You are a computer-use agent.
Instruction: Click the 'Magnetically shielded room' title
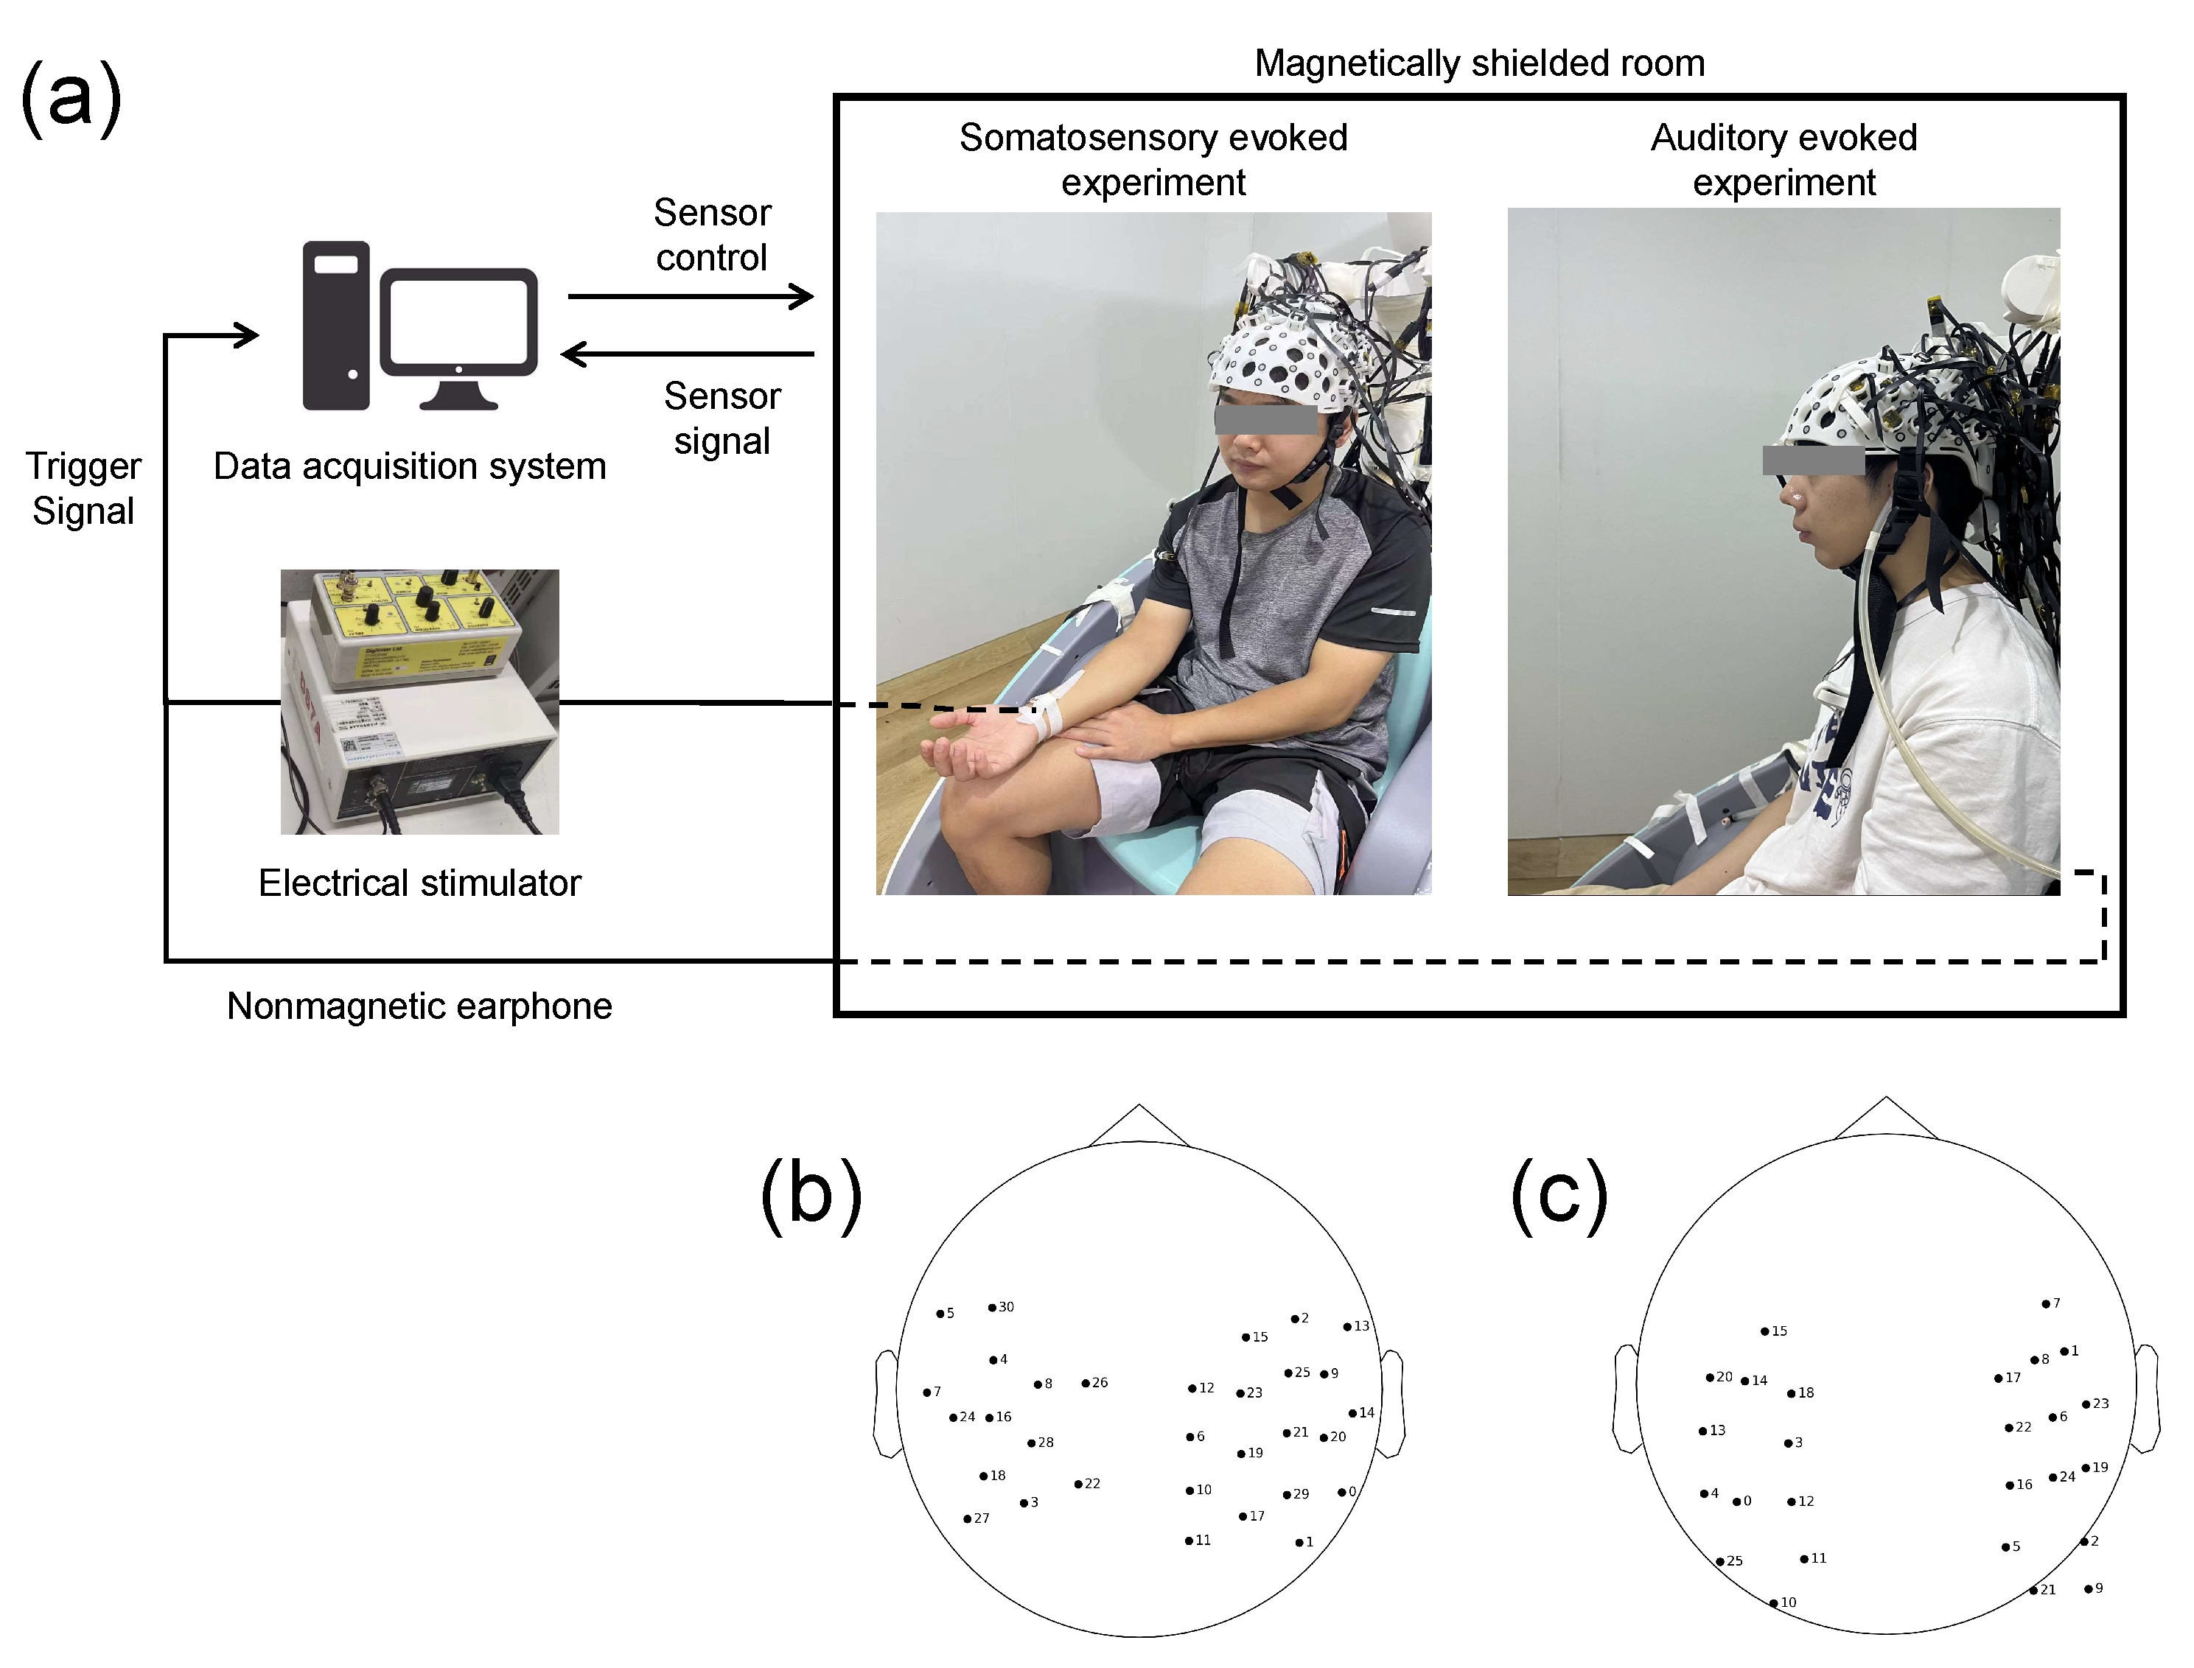click(1479, 63)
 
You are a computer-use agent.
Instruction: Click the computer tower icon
click(336, 326)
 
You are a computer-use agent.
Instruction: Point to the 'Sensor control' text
click(712, 235)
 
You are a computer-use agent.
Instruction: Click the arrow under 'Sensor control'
click(691, 296)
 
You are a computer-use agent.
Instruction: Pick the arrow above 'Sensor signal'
click(688, 354)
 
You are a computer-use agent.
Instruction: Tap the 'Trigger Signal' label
click(83, 488)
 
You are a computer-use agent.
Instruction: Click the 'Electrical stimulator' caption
click(419, 883)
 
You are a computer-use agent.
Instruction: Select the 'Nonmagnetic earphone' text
click(419, 1006)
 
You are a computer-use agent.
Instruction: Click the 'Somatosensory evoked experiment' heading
click(1153, 160)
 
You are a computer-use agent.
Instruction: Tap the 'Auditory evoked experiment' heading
click(1784, 160)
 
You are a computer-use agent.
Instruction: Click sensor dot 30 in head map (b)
click(992, 1308)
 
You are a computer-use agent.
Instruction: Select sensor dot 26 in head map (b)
click(1086, 1383)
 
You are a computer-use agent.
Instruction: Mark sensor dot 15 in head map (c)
click(1765, 1331)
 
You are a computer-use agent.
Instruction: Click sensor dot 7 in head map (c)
click(2046, 1303)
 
